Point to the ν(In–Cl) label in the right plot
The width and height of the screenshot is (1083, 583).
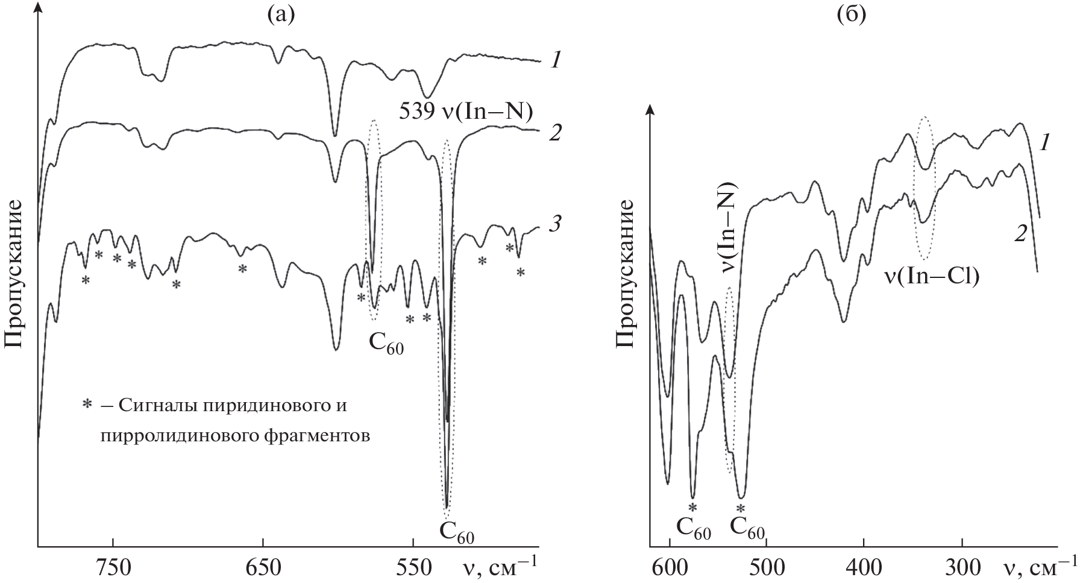click(x=931, y=277)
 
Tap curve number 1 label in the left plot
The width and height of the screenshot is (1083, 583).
click(x=557, y=60)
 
